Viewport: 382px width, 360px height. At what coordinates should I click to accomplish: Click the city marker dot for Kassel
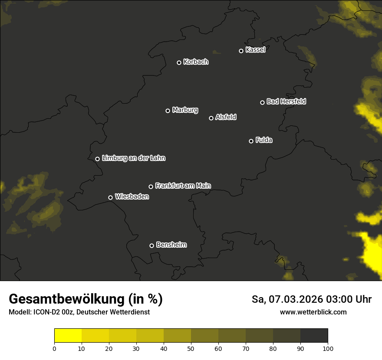tap(241, 51)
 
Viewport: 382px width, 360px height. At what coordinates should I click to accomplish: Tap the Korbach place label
tap(196, 62)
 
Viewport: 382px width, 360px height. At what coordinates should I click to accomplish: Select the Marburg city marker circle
tap(168, 111)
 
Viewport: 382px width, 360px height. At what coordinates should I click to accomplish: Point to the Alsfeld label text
tap(226, 117)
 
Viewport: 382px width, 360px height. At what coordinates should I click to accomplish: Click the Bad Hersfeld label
tap(286, 101)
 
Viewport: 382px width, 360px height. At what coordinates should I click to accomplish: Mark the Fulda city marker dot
tap(251, 141)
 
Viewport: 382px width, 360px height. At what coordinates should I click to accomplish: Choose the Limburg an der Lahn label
tap(133, 158)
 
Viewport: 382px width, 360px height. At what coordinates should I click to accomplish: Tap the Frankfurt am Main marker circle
tap(151, 187)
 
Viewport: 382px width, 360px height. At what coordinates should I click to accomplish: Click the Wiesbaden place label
tap(132, 197)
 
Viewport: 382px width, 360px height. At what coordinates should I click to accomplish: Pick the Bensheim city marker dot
tap(151, 245)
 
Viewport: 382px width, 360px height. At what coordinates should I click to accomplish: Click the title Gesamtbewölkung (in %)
tap(86, 299)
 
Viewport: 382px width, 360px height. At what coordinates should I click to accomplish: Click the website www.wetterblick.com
tap(313, 312)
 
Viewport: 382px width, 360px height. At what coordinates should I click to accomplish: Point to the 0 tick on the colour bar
tap(54, 348)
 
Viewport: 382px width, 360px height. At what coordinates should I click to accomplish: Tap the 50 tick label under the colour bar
tap(191, 348)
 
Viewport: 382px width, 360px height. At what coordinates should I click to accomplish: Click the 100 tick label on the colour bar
tap(328, 348)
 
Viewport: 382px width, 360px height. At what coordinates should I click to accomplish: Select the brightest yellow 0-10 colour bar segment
tap(68, 336)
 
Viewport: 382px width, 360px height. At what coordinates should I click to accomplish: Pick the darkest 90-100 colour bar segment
tap(314, 336)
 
